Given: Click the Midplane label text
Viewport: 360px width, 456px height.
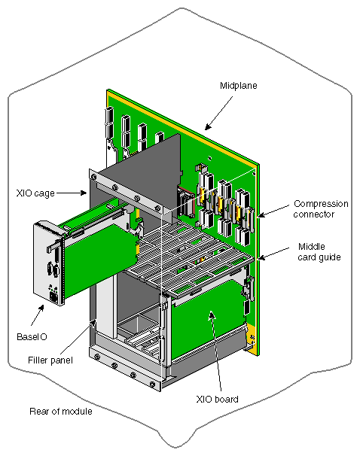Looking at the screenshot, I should [x=239, y=87].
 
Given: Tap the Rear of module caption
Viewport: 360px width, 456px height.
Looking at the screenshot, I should [x=60, y=412].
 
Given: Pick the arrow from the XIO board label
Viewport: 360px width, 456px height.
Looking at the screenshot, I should [x=216, y=354].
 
